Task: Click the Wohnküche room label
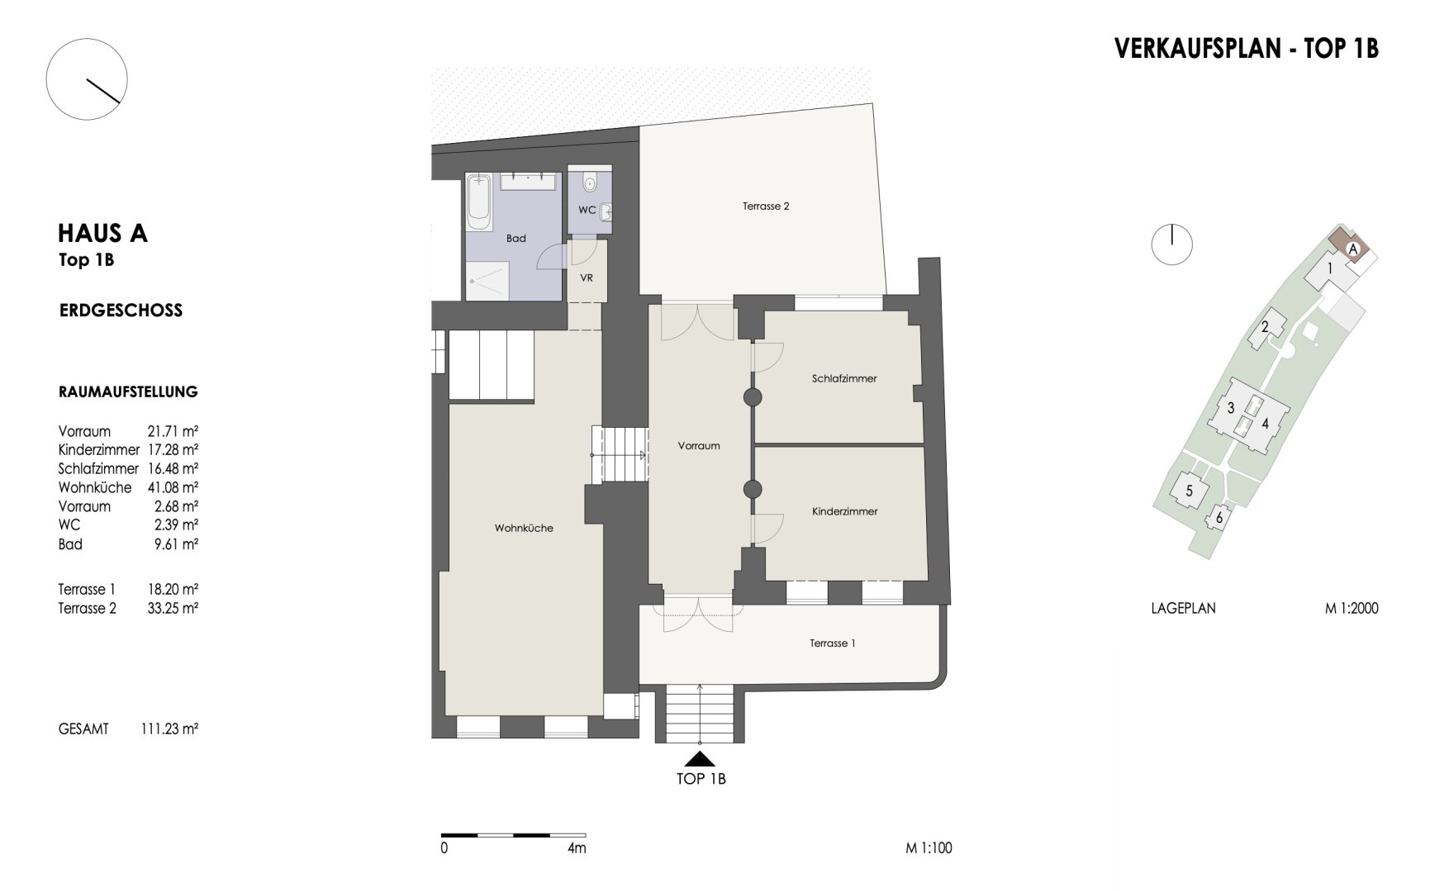[524, 528]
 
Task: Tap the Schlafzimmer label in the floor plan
[844, 378]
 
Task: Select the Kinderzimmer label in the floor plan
[844, 511]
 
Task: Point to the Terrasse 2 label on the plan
[766, 206]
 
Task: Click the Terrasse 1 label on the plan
[832, 643]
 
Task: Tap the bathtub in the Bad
[478, 201]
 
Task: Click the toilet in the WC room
[589, 181]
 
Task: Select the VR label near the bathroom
[587, 278]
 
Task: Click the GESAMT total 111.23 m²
[169, 729]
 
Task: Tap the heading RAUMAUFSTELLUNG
[128, 391]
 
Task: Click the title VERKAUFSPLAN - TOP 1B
[1247, 48]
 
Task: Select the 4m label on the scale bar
[577, 848]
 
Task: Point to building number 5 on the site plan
[1189, 491]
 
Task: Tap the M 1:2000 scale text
[1352, 609]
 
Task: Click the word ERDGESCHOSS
[121, 311]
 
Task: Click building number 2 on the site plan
[1265, 327]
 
